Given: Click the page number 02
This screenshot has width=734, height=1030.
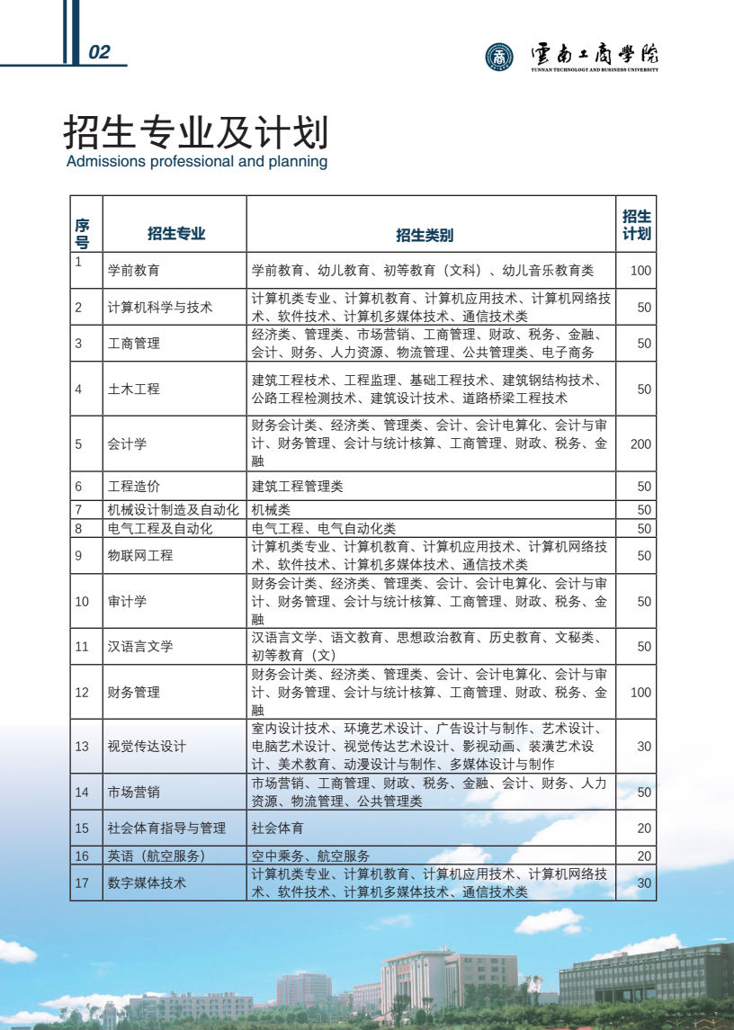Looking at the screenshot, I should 99,52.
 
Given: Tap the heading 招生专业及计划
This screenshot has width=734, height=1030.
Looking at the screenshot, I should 195,133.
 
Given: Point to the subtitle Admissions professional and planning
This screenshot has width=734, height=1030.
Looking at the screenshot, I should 197,162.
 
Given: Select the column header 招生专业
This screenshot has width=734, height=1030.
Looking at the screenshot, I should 176,234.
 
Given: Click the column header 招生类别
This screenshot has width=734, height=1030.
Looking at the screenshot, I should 425,235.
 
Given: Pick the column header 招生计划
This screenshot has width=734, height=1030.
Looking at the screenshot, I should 637,225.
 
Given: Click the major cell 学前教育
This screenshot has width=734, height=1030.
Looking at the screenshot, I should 134,270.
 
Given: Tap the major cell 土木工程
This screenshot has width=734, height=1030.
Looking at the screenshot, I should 134,389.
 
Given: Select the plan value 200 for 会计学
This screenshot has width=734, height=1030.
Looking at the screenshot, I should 640,443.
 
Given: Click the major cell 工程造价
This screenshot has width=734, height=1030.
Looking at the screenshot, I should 134,487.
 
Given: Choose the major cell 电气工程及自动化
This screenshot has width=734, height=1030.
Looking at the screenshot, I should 160,528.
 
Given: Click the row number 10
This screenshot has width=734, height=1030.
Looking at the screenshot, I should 82,601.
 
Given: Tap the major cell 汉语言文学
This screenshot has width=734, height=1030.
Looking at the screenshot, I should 140,646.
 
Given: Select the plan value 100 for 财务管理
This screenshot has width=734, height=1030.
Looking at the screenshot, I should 640,692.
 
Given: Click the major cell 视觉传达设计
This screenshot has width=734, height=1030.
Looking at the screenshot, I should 147,747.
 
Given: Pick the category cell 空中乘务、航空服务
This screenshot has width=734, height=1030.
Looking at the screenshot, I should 310,855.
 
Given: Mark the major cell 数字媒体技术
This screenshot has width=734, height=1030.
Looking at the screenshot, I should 147,882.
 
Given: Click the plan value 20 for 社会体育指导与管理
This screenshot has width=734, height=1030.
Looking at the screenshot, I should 644,828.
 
